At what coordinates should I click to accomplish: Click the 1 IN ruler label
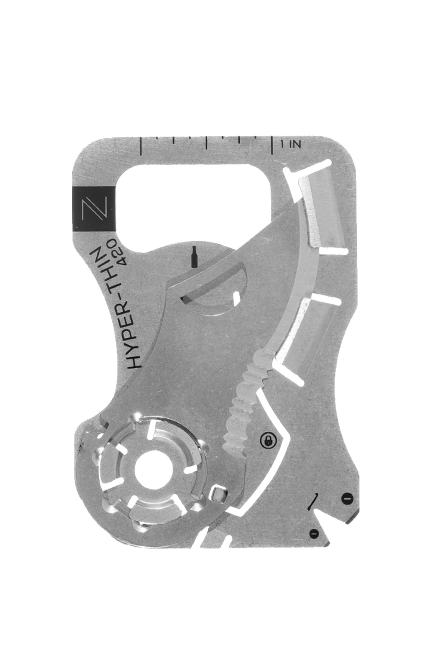coord(291,144)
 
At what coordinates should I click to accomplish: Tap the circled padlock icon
coord(268,441)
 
